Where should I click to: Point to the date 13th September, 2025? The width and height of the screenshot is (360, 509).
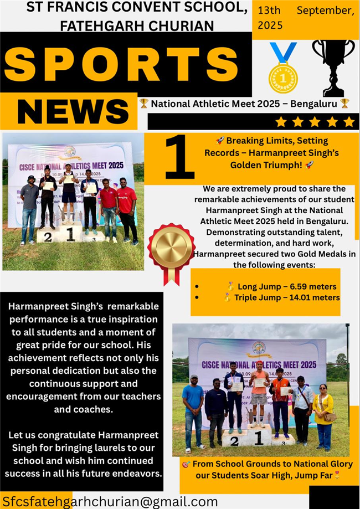[x=305, y=18]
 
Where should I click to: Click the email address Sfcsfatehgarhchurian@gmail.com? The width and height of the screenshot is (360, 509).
[x=110, y=501]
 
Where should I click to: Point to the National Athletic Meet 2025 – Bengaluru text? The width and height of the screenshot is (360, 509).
[x=244, y=103]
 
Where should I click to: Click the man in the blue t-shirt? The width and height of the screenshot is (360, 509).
[x=193, y=410]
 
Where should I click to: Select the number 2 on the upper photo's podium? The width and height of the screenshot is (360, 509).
[x=48, y=237]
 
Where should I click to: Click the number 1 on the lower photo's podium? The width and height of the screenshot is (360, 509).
[x=258, y=438]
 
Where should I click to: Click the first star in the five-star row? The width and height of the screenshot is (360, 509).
[x=281, y=122]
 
